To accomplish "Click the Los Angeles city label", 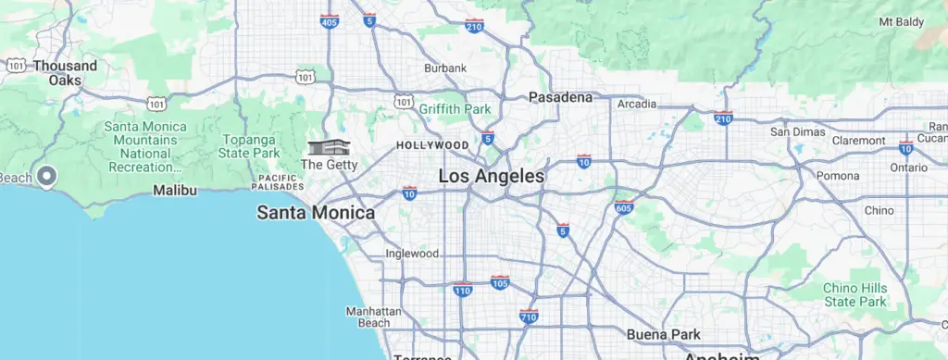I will [491, 176].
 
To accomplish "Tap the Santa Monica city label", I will [316, 213].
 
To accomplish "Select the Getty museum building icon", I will [330, 148].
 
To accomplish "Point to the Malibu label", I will [175, 190].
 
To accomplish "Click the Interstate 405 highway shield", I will [329, 21].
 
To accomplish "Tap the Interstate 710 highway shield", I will [530, 317].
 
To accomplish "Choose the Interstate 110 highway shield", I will [463, 291].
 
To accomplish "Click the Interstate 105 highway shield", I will [500, 282].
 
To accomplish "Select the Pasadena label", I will [560, 96].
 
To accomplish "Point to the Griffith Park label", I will [454, 108].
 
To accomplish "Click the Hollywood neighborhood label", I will [432, 145].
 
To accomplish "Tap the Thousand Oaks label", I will [65, 73].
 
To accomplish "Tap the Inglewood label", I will [412, 254].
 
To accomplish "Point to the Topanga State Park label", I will [250, 146].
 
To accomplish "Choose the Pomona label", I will [838, 176].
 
